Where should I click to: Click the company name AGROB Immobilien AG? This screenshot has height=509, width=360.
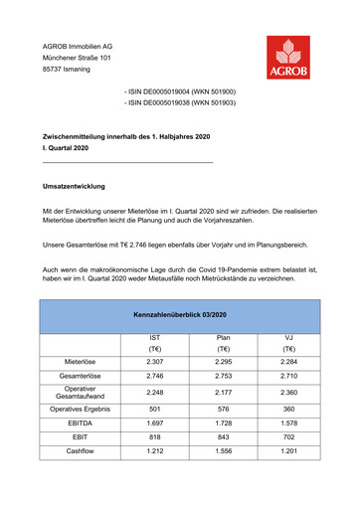[77, 47]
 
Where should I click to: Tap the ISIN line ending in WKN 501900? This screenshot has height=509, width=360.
[179, 90]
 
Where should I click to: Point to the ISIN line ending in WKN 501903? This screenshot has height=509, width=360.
[179, 102]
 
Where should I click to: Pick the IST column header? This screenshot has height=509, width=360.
[154, 338]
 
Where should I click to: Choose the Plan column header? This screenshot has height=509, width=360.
[223, 338]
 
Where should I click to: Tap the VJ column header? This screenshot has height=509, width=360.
[288, 338]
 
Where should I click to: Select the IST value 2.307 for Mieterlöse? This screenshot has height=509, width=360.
[154, 361]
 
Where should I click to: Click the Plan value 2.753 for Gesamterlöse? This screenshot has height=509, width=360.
[223, 377]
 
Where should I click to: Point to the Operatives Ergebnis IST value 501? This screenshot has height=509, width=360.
[154, 409]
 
